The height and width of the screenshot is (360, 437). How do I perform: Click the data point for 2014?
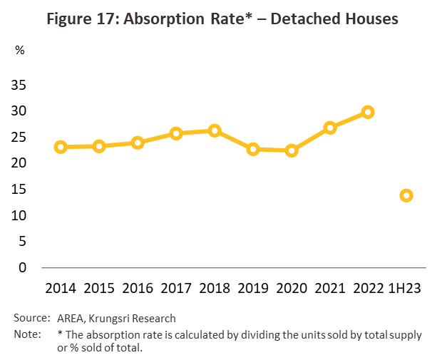coord(61,147)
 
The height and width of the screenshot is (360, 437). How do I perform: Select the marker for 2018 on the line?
coord(215,130)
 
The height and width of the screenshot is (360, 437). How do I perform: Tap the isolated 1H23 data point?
coord(406,195)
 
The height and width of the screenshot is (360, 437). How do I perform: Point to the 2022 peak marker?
coord(368,112)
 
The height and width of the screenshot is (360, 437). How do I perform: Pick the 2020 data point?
coord(291,150)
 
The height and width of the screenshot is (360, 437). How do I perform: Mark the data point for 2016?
coord(138,143)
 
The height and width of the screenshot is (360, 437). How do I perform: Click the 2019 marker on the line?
coord(252,149)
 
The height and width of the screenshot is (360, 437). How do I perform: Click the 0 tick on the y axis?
coord(23,268)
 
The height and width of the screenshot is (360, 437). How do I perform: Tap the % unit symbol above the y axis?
coord(19,51)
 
